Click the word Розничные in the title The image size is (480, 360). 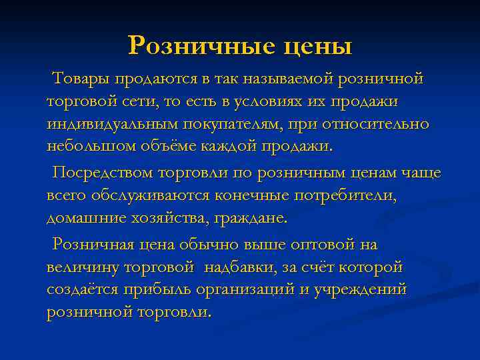[x=197, y=45]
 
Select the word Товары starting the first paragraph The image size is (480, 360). [x=81, y=79]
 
